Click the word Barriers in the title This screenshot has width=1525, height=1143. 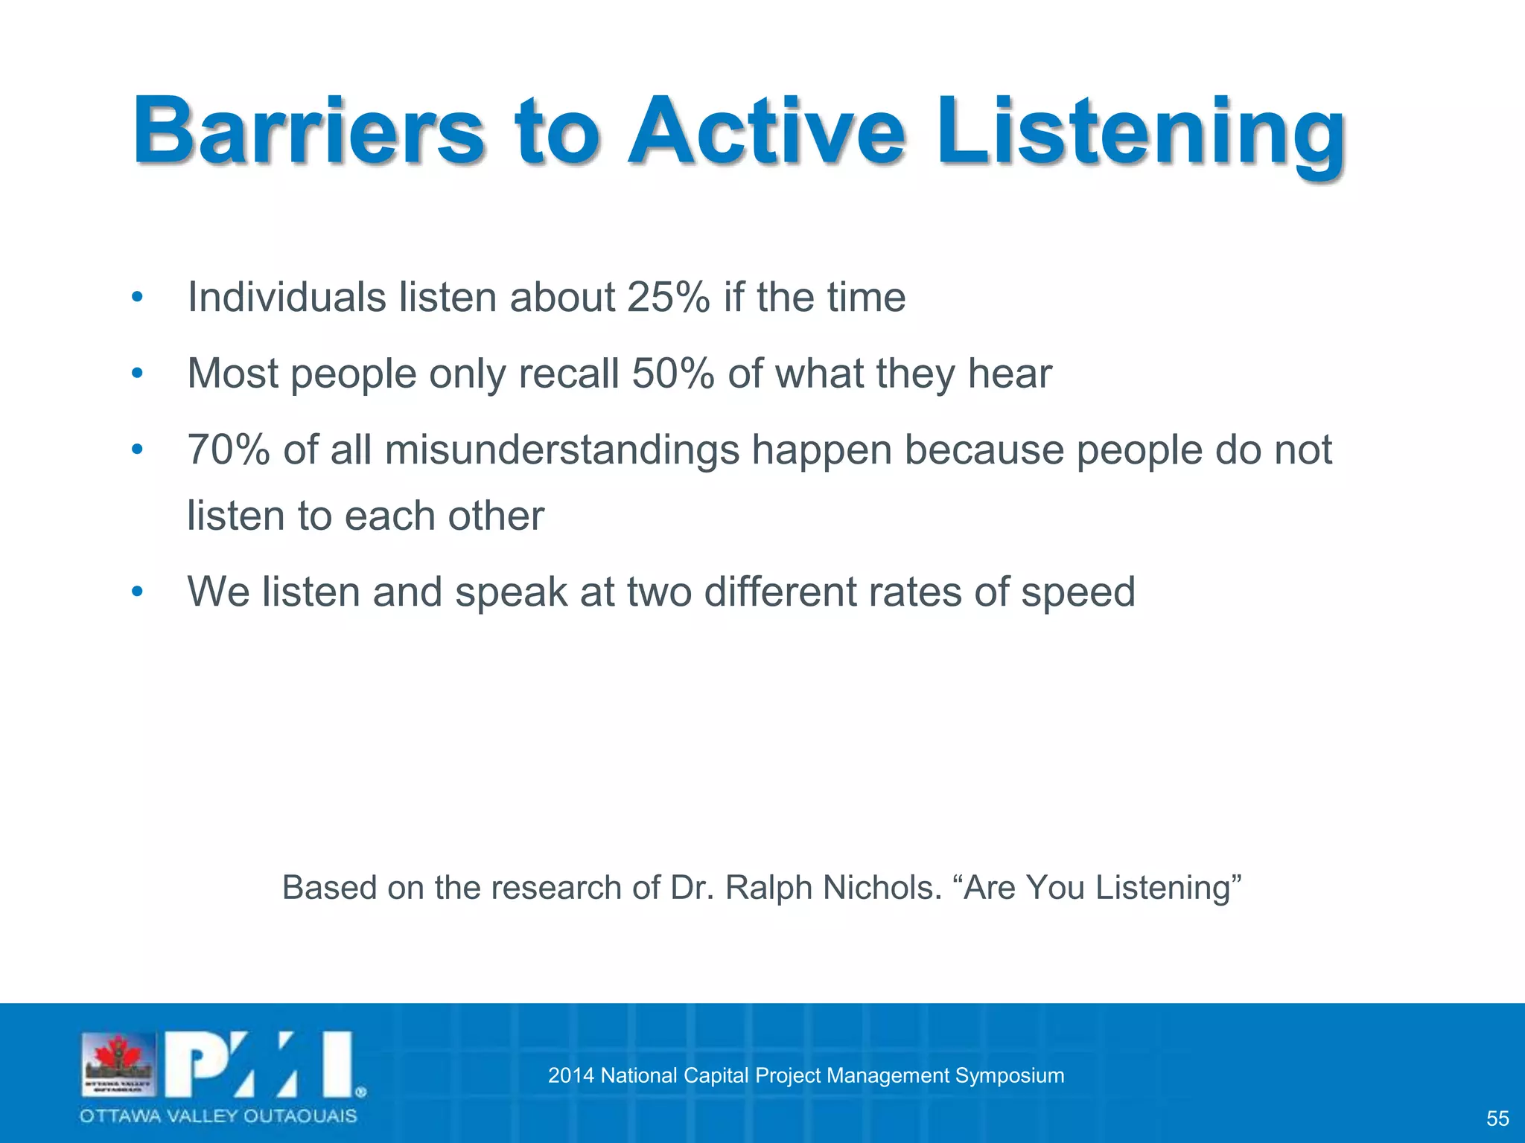[308, 132]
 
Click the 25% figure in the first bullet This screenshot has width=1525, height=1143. [668, 298]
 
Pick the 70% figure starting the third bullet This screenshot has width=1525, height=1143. [228, 450]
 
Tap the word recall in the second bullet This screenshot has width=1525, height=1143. [568, 374]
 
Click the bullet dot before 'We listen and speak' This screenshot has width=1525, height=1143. [136, 593]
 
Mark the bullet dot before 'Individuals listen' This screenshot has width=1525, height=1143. [136, 298]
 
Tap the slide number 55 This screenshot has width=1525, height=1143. [1497, 1118]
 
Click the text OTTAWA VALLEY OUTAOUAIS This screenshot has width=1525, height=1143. [218, 1116]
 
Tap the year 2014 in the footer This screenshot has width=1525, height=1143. [570, 1075]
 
